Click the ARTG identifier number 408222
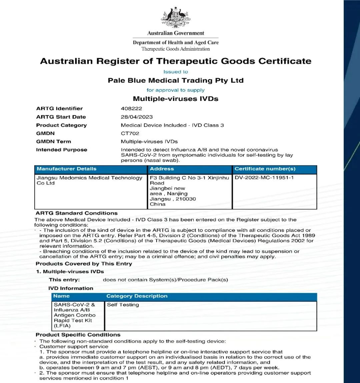point(131,108)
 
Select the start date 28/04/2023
point(137,117)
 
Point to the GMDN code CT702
point(130,133)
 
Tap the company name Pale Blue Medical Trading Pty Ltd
point(176,80)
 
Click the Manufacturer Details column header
point(67,169)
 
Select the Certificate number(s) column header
point(265,169)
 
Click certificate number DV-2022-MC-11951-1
point(264,178)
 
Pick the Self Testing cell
point(123,305)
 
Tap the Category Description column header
point(137,296)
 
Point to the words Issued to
point(176,72)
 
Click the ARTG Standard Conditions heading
point(77,213)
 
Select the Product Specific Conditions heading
point(78,335)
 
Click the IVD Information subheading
point(71,288)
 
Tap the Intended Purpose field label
point(62,150)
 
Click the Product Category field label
point(61,125)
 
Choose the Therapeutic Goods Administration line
point(176,49)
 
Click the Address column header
point(162,169)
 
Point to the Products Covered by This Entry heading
point(84,264)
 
